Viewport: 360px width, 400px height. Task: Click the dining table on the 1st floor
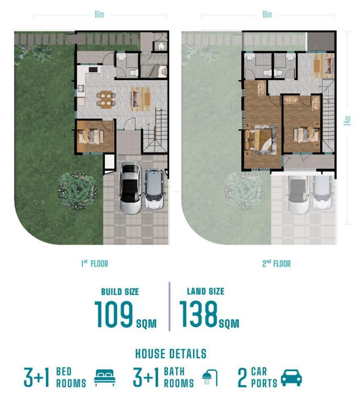coord(106,99)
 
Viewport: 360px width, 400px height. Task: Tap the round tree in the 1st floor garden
coord(78,190)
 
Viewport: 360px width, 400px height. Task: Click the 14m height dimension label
coord(347,120)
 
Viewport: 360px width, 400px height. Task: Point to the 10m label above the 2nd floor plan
coord(267,14)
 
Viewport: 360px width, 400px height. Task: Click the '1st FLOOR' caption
coord(94,263)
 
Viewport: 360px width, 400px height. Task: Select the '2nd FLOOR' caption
coord(276,263)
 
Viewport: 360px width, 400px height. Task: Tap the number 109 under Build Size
coord(114,314)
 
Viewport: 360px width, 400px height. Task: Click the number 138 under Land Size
coord(198,314)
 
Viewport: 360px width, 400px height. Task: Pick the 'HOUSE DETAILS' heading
coord(171,354)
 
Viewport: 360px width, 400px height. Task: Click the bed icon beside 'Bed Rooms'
coord(105,378)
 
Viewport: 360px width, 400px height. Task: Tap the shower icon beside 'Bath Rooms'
coord(210,378)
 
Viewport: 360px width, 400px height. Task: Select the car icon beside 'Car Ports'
coord(291,378)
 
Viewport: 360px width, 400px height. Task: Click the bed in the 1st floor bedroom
coord(91,136)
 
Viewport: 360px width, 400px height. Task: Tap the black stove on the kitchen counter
coord(93,69)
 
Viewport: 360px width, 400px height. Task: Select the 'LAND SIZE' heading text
coord(206,291)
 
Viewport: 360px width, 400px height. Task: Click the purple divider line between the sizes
coord(169,307)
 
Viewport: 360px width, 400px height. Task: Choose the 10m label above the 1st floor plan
coord(99,14)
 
